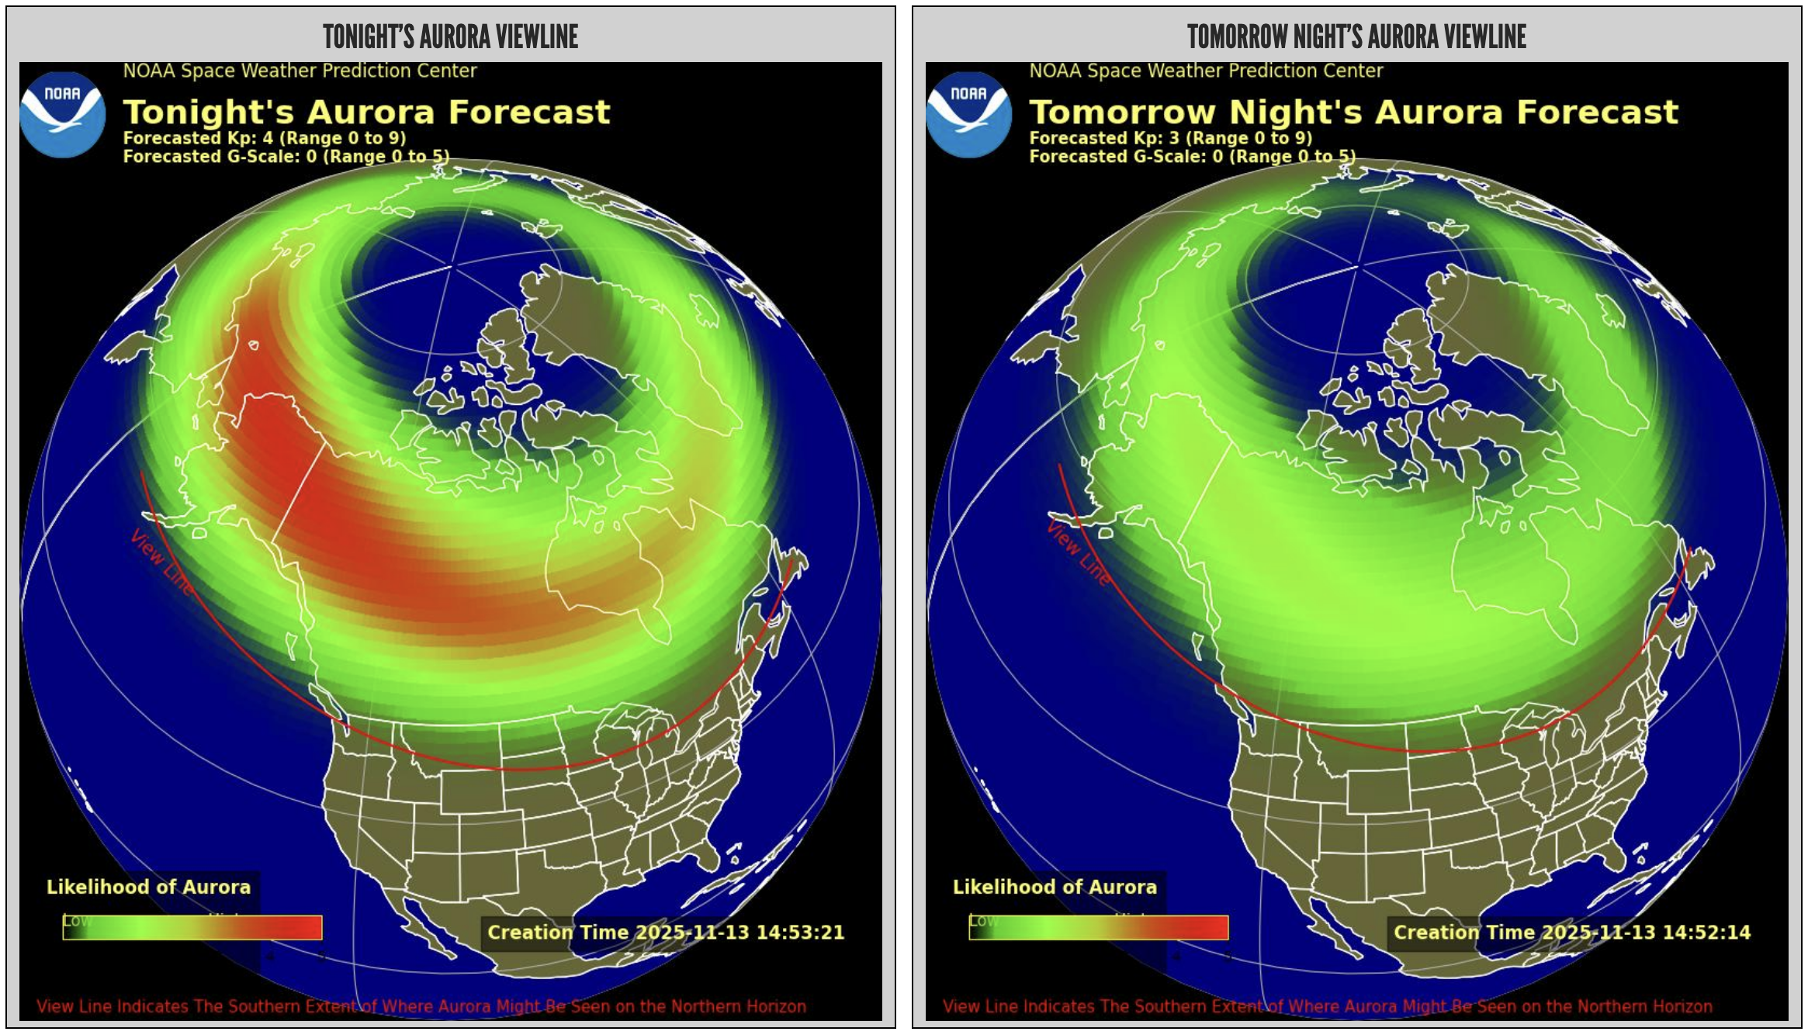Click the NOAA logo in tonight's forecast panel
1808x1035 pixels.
coord(62,115)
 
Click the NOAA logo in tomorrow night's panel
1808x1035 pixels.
coord(968,115)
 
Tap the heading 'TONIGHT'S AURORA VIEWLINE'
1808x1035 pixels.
coord(450,36)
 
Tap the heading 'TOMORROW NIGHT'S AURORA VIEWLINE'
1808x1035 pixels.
coord(1356,36)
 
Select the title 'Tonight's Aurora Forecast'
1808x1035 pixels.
coord(366,112)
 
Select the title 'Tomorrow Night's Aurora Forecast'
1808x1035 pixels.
coord(1353,112)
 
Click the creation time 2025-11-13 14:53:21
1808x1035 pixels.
coord(665,932)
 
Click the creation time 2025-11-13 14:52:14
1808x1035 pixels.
coord(1571,932)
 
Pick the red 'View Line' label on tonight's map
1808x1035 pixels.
coord(161,562)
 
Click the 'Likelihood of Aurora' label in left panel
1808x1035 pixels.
coord(148,887)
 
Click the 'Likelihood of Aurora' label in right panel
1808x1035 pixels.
coord(1055,887)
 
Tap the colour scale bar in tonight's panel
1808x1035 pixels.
coord(192,928)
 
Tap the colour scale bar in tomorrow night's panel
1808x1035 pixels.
coord(1099,928)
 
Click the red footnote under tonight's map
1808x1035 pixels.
coord(421,1006)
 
